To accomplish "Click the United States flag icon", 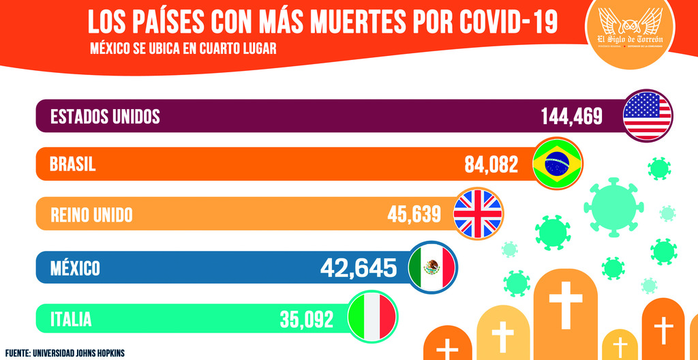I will click(648, 115).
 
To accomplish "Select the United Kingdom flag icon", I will click(478, 213).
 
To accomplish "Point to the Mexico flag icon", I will click(432, 267).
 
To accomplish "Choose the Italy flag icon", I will click(371, 317).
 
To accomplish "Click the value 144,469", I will click(572, 117).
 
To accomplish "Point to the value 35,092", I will click(306, 318).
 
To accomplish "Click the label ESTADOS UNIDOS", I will click(105, 117).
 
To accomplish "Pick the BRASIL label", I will click(73, 165).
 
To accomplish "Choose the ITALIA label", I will click(71, 318).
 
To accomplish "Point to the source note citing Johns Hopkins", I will click(65, 354).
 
